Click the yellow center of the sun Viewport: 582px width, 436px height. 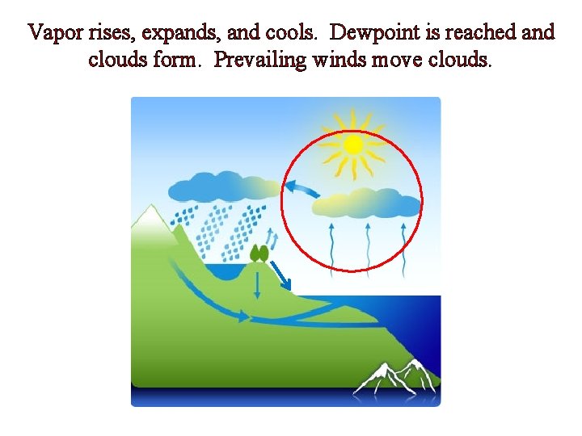(x=352, y=145)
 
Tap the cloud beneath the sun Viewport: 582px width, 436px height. (x=367, y=203)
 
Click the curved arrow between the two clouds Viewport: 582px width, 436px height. (x=300, y=191)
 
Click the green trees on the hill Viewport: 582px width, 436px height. (x=259, y=253)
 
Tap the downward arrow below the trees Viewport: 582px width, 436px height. (x=257, y=284)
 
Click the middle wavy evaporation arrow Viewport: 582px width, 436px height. (x=368, y=242)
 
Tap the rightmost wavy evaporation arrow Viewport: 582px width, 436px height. (x=403, y=242)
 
